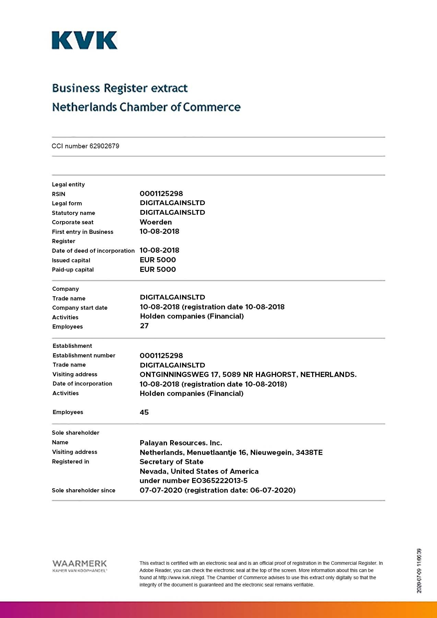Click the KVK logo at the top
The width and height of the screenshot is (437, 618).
(x=84, y=40)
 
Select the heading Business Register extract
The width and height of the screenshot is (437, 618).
(x=120, y=88)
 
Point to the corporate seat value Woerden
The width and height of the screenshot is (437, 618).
(x=156, y=222)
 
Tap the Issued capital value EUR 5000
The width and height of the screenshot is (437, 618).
(x=158, y=260)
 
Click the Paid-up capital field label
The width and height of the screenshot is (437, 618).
(x=73, y=270)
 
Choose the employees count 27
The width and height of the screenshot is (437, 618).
(x=144, y=326)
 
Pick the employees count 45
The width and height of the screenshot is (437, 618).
(x=144, y=412)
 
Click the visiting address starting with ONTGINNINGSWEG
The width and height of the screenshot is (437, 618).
(x=248, y=375)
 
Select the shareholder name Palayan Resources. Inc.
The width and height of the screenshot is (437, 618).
(x=181, y=443)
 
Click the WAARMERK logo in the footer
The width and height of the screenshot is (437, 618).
(x=80, y=565)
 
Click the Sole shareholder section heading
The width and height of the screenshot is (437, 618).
(x=75, y=433)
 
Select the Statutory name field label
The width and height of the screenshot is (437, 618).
(x=73, y=213)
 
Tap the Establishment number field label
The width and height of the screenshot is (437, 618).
(x=84, y=355)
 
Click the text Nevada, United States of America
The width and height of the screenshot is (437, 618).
(x=199, y=471)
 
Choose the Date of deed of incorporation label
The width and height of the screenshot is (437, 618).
(x=93, y=251)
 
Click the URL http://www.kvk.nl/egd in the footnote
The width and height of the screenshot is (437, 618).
(x=181, y=577)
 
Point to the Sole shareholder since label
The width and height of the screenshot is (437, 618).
(x=83, y=490)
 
